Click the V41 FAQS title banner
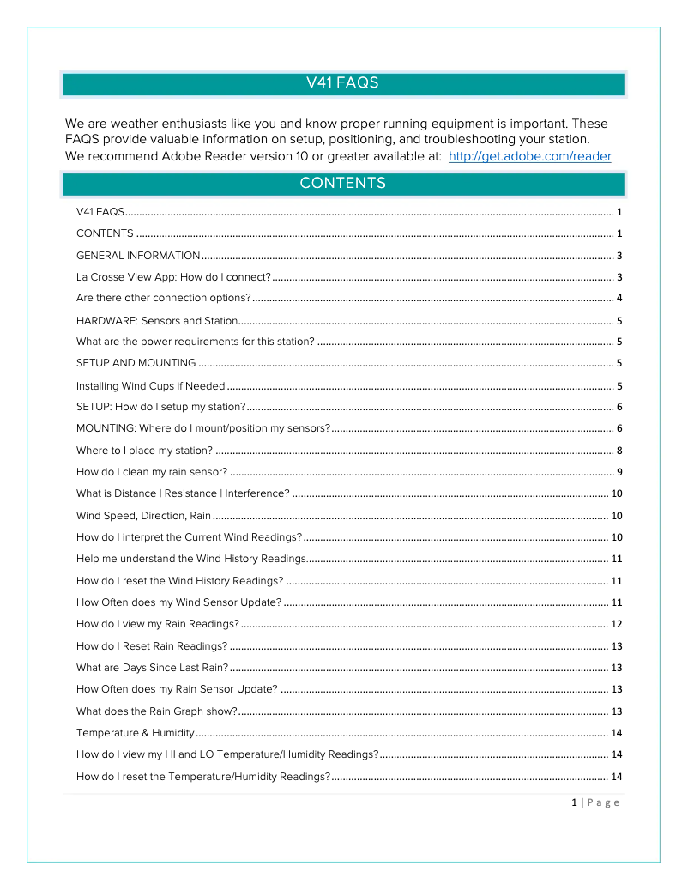pos(343,83)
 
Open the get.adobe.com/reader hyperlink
pos(529,156)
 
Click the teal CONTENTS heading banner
pos(343,184)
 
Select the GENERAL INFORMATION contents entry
pos(138,256)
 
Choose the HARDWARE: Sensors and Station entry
pos(156,321)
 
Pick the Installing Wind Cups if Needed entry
pos(150,386)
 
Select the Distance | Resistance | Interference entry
pos(183,493)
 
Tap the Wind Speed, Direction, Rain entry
pos(143,516)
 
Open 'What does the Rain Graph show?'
pos(156,711)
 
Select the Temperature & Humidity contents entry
pos(135,733)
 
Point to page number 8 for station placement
pos(619,451)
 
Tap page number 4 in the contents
pos(619,298)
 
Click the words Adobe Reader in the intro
pos(202,156)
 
